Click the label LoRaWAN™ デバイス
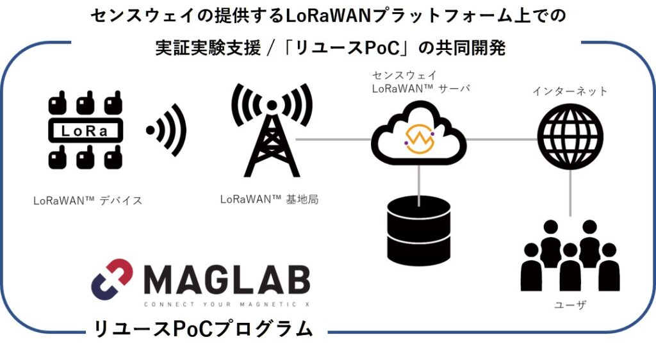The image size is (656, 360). tap(88, 200)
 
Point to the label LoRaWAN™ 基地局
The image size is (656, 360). tap(269, 199)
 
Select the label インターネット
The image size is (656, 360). tap(570, 92)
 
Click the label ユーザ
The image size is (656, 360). tap(570, 306)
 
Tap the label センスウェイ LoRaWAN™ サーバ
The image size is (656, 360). tap(421, 83)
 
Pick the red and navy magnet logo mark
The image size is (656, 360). tap(111, 279)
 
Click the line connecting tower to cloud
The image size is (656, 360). tap(333, 139)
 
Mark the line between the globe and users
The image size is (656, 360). tap(570, 195)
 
